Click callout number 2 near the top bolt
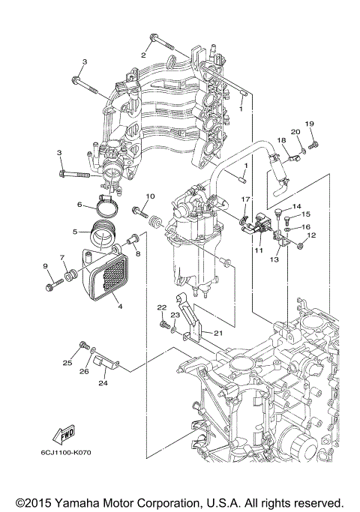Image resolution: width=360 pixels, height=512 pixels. pos(142,55)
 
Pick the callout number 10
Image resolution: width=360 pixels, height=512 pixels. pos(148,196)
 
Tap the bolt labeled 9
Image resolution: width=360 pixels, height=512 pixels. pos(51,285)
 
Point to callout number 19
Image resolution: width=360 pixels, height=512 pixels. pos(308,124)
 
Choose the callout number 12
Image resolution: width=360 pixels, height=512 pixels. pos(311,235)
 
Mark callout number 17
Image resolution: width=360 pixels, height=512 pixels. pos(244,199)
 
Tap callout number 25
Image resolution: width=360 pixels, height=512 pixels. pos(67,363)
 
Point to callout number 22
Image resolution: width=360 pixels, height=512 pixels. pos(161,307)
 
